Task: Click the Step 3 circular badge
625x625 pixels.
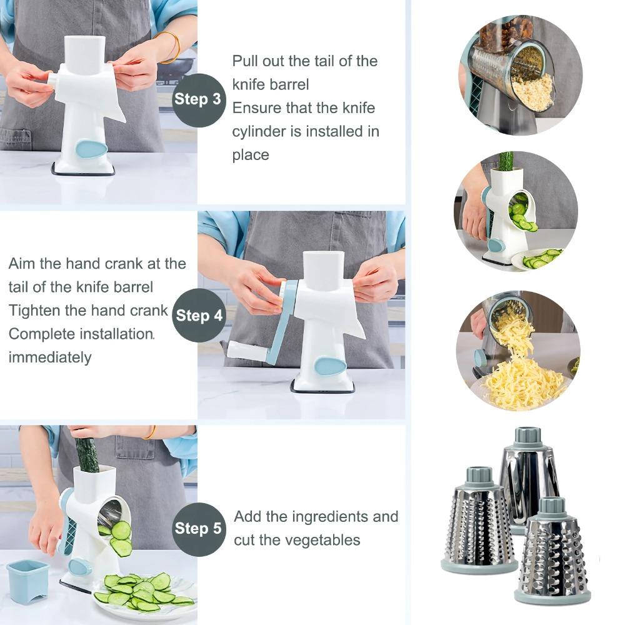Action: [198, 99]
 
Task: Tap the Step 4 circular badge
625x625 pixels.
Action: [199, 316]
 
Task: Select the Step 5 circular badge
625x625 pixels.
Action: [198, 529]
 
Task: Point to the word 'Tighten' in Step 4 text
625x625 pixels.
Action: [33, 311]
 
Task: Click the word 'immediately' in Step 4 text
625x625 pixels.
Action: [50, 357]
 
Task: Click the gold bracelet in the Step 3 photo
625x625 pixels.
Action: [170, 47]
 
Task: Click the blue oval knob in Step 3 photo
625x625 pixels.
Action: [91, 149]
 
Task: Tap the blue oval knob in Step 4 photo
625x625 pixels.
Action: [329, 365]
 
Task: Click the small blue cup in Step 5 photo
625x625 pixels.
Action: [27, 581]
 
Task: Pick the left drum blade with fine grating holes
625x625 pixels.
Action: [478, 525]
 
